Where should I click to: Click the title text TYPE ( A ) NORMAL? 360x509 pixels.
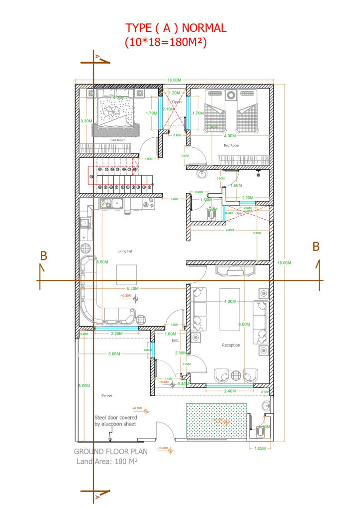tap(176, 28)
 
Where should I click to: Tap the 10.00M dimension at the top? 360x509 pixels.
tap(174, 80)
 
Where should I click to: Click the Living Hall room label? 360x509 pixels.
tap(125, 251)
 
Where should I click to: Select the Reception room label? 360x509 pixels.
tap(231, 345)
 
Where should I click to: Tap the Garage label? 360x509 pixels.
tap(107, 395)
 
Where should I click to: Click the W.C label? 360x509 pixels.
tap(211, 206)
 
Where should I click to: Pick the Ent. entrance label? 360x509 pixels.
tap(175, 340)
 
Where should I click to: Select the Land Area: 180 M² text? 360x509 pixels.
tap(107, 462)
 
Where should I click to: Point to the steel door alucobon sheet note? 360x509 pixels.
tap(115, 421)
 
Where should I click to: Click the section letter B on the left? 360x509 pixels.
tap(44, 256)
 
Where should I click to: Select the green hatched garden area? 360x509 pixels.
tap(216, 421)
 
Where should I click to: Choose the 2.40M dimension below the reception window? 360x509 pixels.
tap(230, 391)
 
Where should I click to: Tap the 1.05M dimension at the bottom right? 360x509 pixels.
tap(259, 448)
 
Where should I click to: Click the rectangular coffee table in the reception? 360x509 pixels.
tap(229, 309)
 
